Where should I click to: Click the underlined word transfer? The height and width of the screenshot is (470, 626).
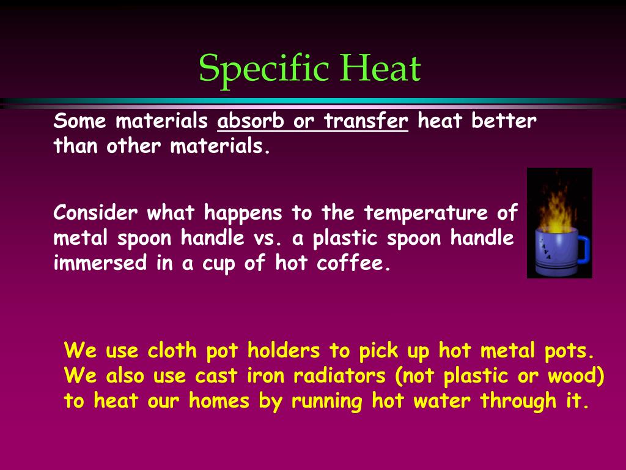(x=366, y=121)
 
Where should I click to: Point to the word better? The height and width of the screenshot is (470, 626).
(x=504, y=121)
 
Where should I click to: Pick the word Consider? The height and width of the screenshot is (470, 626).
(x=95, y=213)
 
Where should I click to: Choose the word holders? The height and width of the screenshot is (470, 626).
(x=284, y=351)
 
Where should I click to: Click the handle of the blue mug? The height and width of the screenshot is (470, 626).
(x=581, y=248)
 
